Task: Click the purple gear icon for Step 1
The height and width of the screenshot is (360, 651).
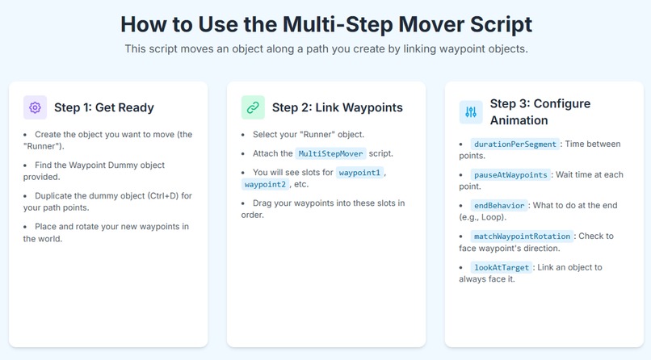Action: coord(35,107)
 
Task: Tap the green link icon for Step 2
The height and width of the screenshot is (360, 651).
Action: coord(253,107)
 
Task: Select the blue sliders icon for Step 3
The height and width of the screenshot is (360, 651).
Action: coord(471,112)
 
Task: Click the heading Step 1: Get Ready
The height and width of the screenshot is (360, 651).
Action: coord(103,107)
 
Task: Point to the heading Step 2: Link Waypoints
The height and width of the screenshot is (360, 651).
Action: coord(337,107)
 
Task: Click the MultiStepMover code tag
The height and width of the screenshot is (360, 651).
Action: coord(331,153)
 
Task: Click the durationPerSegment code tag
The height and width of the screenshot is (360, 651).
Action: coord(514,144)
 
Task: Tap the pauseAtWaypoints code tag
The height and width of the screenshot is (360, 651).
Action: coord(510,175)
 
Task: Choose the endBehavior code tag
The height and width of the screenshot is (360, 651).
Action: coord(499,206)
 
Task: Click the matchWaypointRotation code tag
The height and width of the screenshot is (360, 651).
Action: coord(522,237)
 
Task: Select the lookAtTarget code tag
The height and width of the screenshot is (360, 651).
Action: coord(502,267)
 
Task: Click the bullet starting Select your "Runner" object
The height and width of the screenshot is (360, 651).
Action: coord(308,134)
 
